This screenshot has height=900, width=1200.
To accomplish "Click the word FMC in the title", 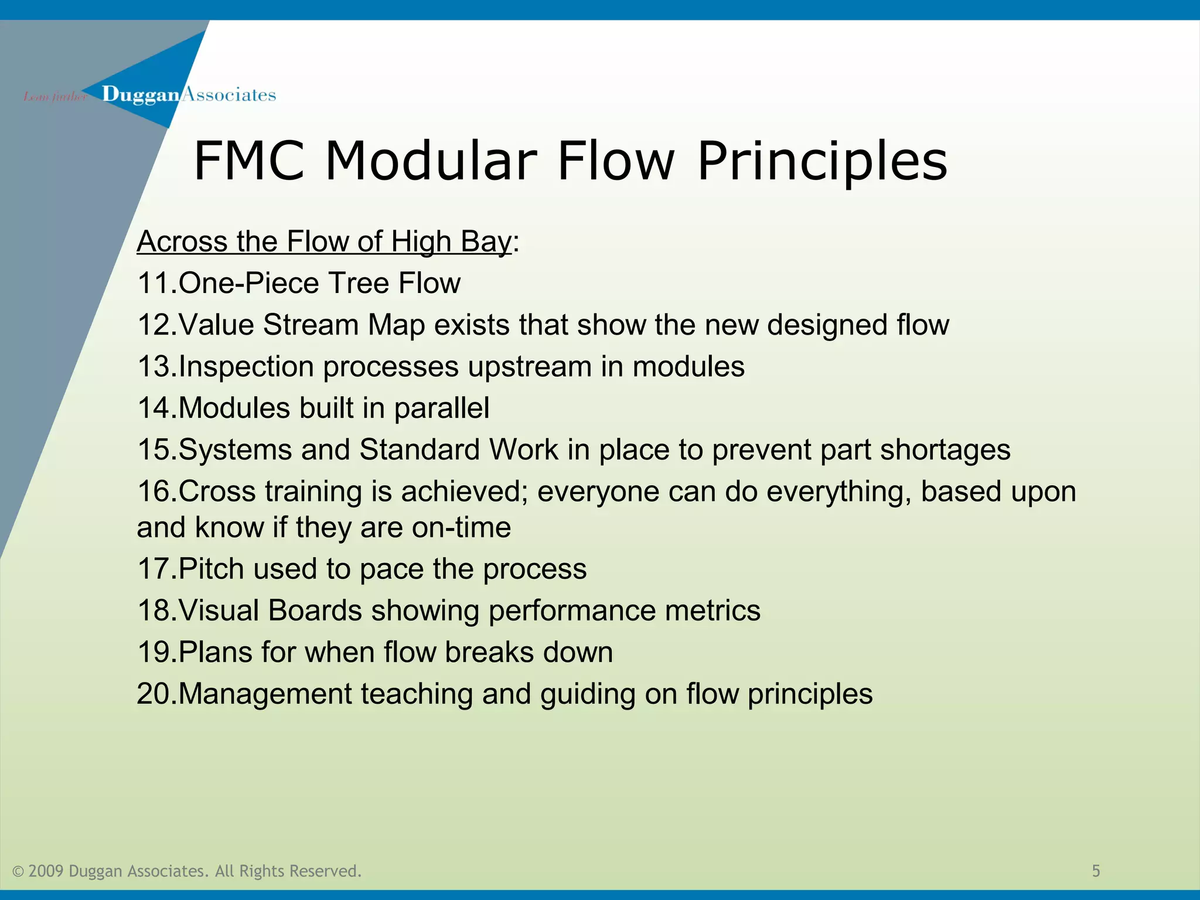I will click(249, 161).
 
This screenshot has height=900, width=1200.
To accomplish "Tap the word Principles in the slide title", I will click(822, 161).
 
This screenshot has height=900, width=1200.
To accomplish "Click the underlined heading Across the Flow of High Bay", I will click(324, 241).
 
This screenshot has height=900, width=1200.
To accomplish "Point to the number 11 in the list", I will click(154, 284).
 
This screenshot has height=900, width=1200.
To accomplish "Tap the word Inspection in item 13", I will click(246, 367).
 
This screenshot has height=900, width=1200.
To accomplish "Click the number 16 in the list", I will click(154, 492).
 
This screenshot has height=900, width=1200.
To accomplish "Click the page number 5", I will click(1096, 871).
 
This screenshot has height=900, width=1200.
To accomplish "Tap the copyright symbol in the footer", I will click(18, 872).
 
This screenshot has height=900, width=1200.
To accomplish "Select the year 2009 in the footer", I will click(46, 871).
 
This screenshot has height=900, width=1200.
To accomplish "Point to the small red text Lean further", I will click(54, 97).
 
